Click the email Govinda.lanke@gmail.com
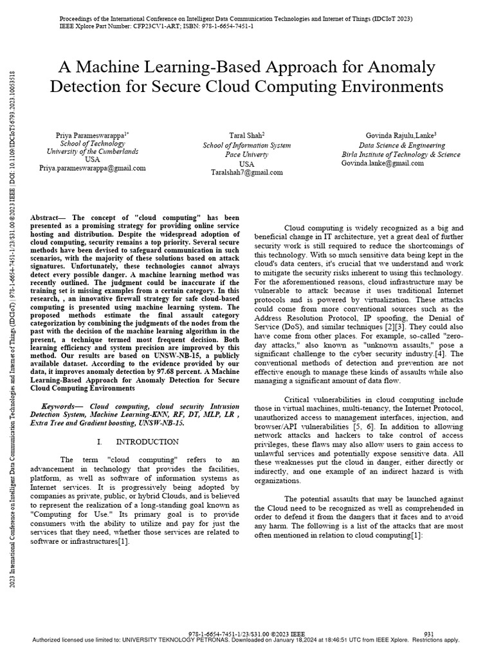[x=382, y=163]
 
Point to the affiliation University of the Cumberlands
[x=93, y=151]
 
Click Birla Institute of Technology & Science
[x=400, y=154]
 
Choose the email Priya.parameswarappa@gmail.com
[x=93, y=168]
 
